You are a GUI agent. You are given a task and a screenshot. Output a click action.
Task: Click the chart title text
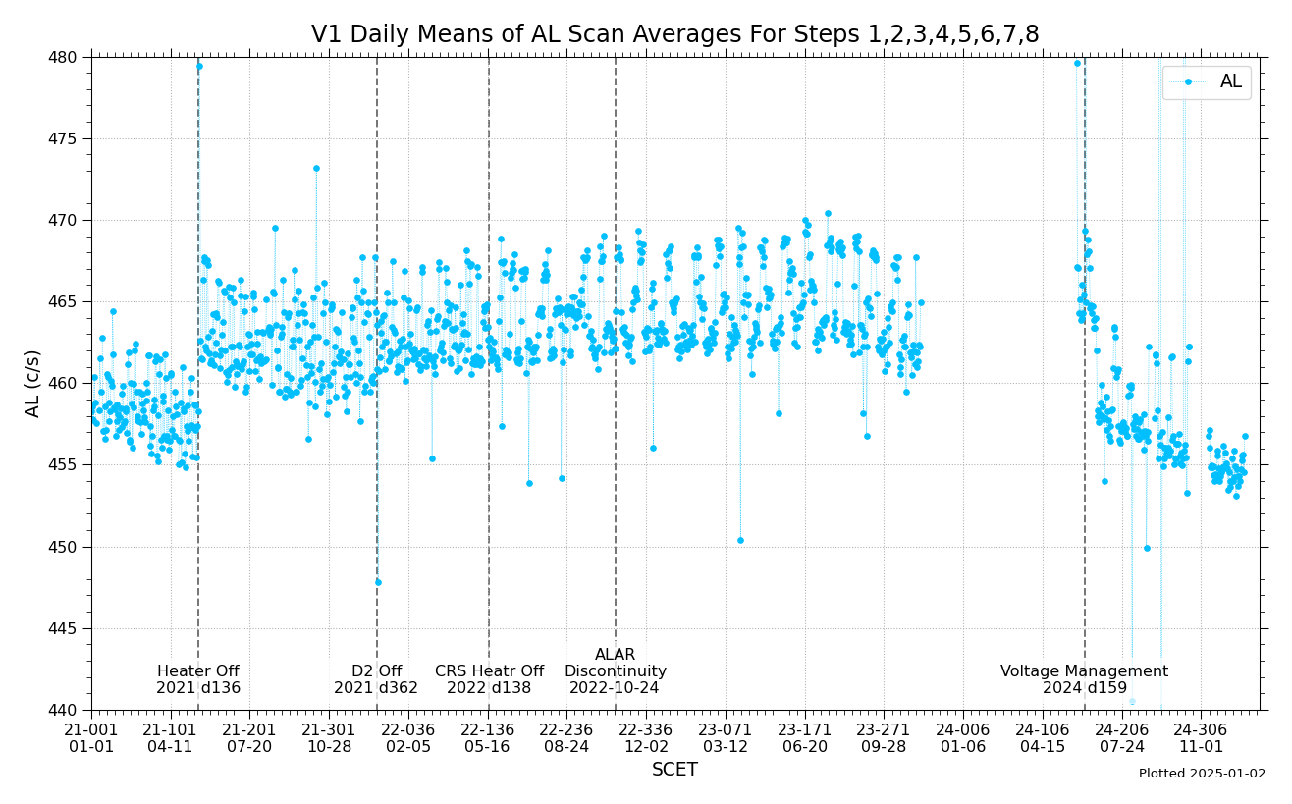pos(674,35)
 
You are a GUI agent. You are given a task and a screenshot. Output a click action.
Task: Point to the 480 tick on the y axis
pos(63,57)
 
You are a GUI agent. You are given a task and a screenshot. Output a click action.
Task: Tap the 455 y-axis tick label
pos(63,465)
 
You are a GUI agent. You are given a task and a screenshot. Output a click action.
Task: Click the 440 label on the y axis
pos(63,710)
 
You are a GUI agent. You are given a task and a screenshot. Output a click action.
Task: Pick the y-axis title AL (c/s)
pos(33,384)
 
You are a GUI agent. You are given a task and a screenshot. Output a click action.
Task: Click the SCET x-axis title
pos(674,771)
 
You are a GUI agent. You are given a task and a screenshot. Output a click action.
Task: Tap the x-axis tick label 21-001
pos(91,729)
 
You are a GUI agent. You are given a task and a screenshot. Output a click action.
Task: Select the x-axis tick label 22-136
pos(488,729)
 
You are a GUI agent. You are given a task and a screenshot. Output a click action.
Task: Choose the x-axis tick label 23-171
pos(805,729)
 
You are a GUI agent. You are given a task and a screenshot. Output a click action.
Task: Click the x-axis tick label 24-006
pos(963,729)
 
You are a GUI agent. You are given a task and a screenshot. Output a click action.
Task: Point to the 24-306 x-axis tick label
pos(1201,729)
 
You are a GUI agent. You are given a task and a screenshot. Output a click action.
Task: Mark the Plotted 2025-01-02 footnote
pos(1202,774)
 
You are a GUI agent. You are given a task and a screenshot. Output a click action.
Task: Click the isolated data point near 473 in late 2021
pos(316,168)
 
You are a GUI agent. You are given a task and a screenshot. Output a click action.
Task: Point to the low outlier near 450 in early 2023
pos(740,540)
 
